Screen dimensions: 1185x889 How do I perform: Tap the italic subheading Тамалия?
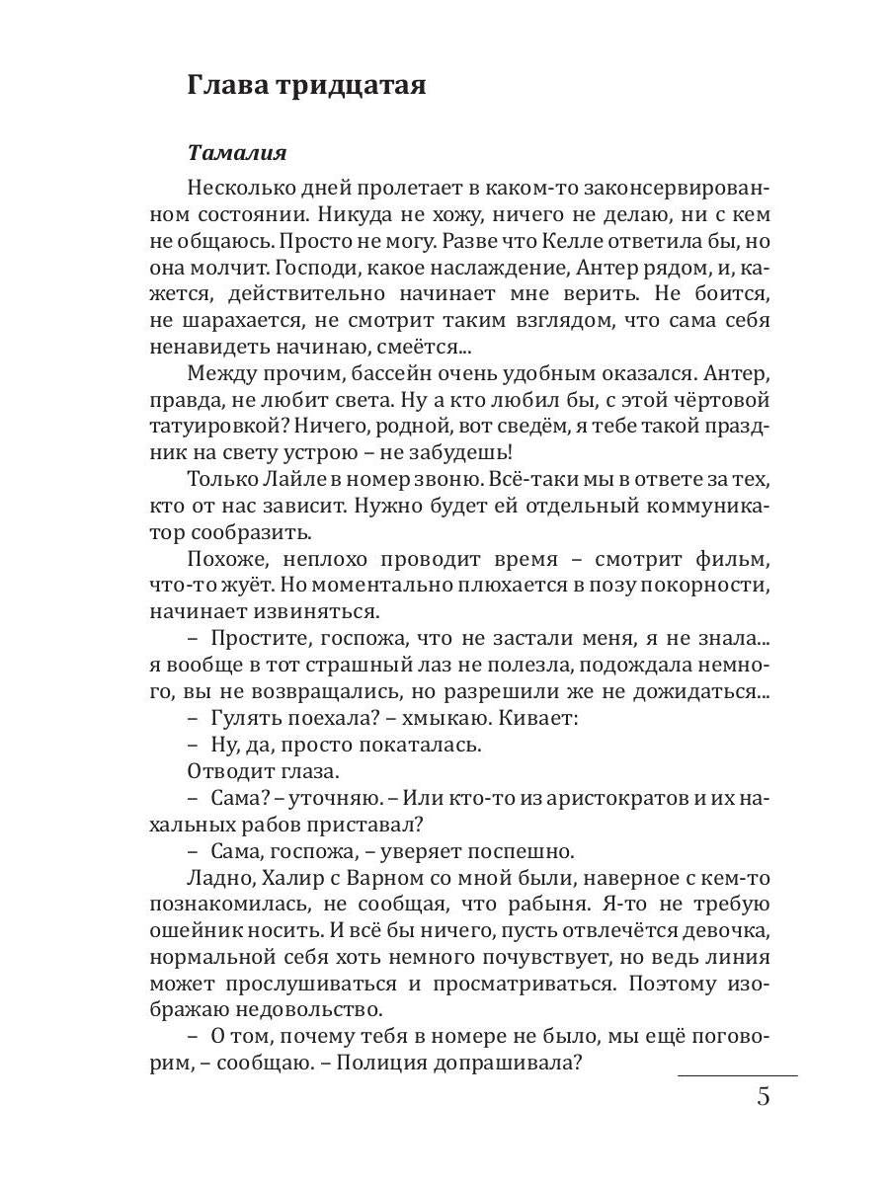click(237, 153)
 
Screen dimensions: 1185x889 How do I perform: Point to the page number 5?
click(763, 1097)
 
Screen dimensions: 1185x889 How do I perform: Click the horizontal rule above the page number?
click(737, 1074)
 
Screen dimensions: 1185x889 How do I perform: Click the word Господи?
click(320, 268)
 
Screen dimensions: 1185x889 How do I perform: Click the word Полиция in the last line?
click(461, 1065)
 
